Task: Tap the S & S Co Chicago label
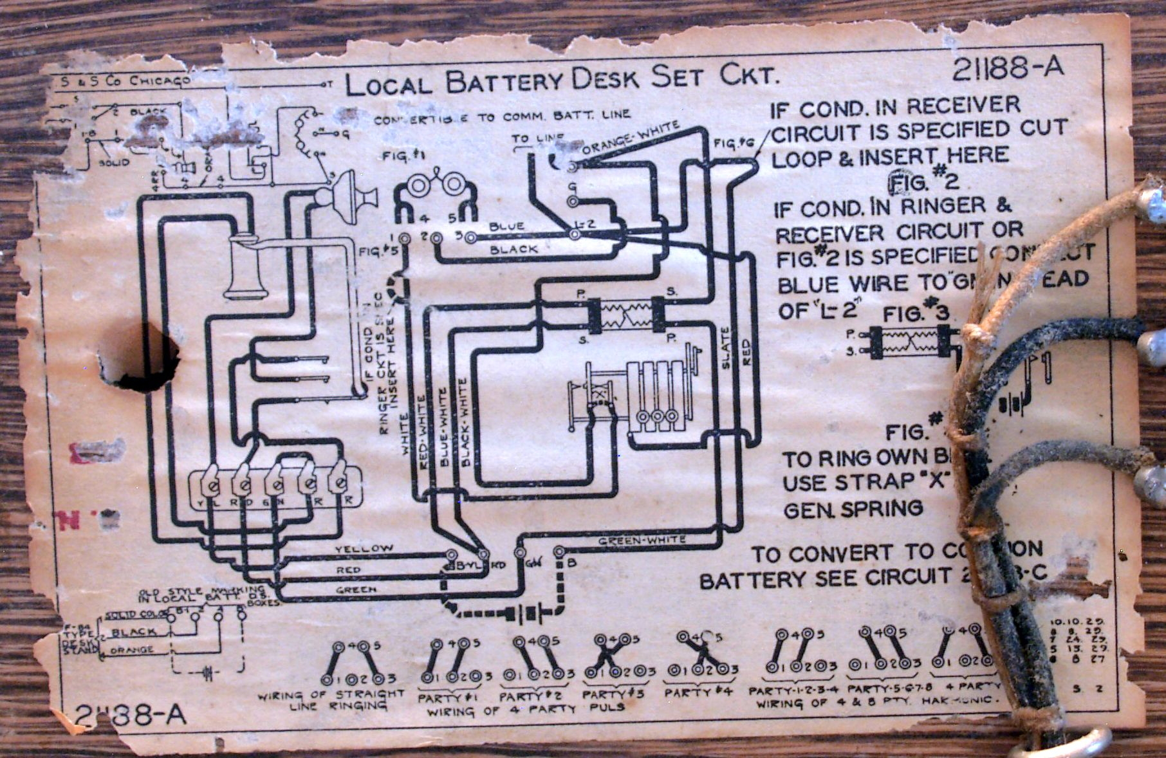point(125,81)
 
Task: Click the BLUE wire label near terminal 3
point(506,226)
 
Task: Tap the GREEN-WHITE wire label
point(642,540)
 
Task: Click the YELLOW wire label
point(364,548)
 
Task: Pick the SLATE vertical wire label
point(725,348)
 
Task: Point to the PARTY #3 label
point(613,694)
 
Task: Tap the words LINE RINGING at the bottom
point(339,706)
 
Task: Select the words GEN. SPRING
point(853,509)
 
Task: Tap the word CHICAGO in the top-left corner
point(160,80)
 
